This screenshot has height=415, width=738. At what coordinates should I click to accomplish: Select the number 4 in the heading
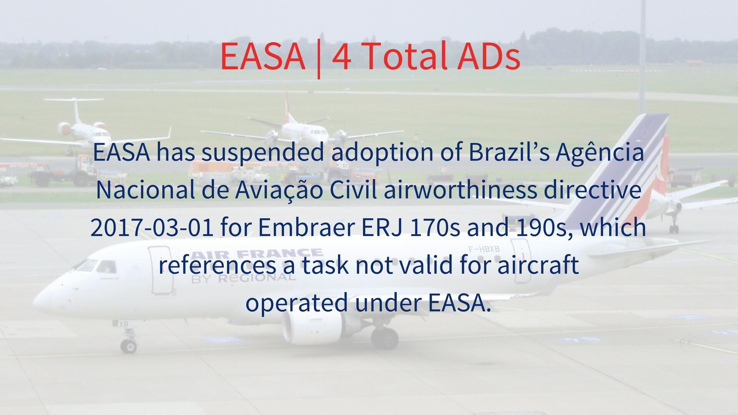pyautogui.click(x=341, y=57)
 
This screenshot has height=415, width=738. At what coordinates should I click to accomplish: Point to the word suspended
pyautogui.click(x=263, y=152)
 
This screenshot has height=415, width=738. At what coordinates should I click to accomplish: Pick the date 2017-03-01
pyautogui.click(x=152, y=227)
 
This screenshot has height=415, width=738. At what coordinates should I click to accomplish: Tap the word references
pyautogui.click(x=217, y=265)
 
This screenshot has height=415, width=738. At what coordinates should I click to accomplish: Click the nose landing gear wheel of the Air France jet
pyautogui.click(x=129, y=345)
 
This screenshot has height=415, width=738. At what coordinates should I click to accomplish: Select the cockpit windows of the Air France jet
pyautogui.click(x=96, y=266)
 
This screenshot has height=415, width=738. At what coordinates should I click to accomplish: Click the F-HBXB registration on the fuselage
pyautogui.click(x=484, y=249)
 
